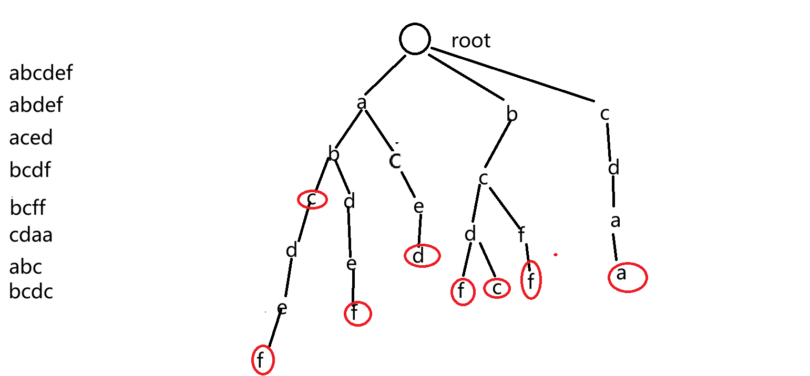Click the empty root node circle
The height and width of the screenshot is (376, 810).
[x=415, y=38]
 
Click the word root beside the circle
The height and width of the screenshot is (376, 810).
[x=470, y=41]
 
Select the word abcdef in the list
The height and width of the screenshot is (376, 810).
[x=41, y=74]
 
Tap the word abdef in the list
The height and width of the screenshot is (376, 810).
[x=36, y=106]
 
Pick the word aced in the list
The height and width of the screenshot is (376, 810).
[x=31, y=138]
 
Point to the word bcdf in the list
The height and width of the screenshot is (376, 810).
[x=30, y=170]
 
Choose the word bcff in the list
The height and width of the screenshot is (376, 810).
[x=28, y=208]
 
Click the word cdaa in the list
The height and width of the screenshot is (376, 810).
[x=31, y=235]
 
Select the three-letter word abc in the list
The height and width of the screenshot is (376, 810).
[x=25, y=267]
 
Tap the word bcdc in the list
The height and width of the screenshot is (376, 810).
[x=31, y=291]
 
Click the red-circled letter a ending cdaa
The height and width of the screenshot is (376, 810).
[x=627, y=277]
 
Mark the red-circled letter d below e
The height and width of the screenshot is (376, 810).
[x=422, y=256]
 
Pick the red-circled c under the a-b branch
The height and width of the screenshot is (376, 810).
[x=312, y=200]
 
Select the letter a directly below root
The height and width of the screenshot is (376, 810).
[x=361, y=103]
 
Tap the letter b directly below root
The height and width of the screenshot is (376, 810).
[x=511, y=114]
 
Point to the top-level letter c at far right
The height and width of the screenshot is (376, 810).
[x=604, y=113]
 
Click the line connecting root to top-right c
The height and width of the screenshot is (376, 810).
[x=512, y=74]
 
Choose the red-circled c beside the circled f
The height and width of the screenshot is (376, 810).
[x=497, y=288]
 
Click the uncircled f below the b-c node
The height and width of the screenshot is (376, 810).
[x=521, y=236]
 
